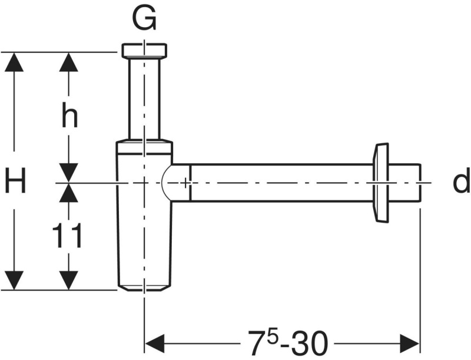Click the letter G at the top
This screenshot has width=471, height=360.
click(x=144, y=18)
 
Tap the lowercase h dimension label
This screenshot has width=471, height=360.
click(x=69, y=115)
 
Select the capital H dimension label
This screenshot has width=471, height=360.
click(x=16, y=180)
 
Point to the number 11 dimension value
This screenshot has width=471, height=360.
click(x=67, y=235)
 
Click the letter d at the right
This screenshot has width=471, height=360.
click(x=462, y=180)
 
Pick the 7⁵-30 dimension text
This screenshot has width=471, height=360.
click(x=287, y=342)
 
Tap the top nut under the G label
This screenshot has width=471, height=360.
click(x=144, y=51)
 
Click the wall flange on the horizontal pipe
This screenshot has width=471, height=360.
click(x=380, y=183)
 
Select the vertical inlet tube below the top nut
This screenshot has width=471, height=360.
click(x=144, y=98)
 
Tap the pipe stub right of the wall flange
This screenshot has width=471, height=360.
click(x=404, y=183)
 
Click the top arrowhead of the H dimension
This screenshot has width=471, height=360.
click(x=14, y=62)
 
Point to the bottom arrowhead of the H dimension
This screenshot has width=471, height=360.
click(x=14, y=280)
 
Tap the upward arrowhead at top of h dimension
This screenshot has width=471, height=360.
click(x=69, y=62)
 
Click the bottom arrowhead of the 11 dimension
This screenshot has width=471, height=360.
click(x=69, y=280)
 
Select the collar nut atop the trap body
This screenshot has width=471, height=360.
click(x=144, y=147)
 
